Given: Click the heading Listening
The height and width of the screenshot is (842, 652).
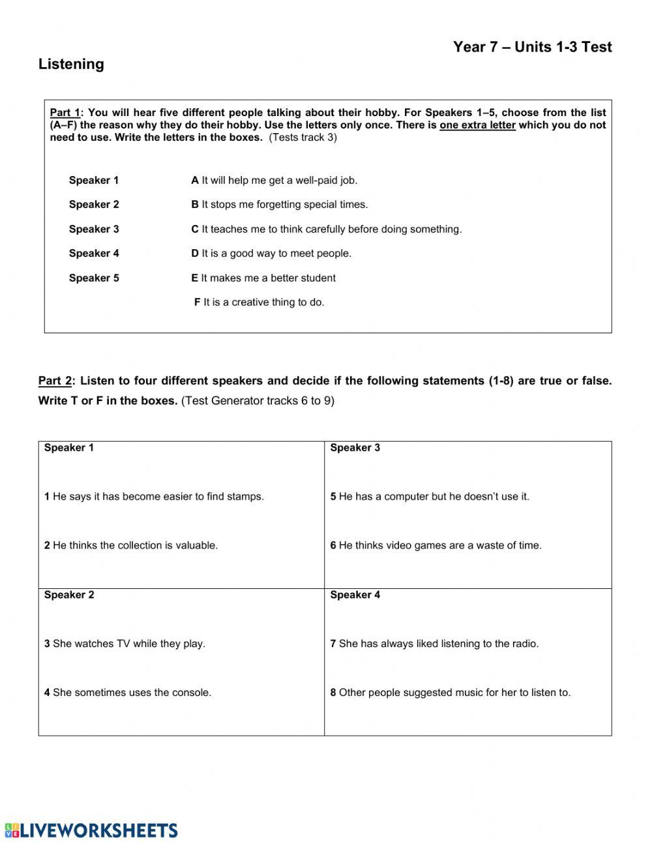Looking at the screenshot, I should click(71, 64).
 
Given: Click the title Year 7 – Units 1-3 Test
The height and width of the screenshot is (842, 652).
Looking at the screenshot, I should click(532, 47).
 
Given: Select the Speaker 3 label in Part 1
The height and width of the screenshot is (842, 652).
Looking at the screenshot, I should click(94, 229).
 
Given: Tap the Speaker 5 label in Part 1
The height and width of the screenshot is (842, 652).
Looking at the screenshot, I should click(94, 278).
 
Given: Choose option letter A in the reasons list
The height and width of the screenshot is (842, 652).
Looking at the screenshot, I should click(194, 180).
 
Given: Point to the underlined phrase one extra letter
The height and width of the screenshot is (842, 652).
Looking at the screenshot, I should click(477, 125).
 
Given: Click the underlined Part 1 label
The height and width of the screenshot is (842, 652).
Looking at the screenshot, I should click(65, 112).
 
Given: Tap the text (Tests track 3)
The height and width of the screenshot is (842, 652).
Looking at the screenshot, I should click(303, 138).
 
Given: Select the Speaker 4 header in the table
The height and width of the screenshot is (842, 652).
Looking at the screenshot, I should click(355, 595).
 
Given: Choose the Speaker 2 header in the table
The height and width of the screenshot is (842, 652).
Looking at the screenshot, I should click(69, 595).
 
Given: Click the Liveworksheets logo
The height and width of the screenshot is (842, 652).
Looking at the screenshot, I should click(91, 830).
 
